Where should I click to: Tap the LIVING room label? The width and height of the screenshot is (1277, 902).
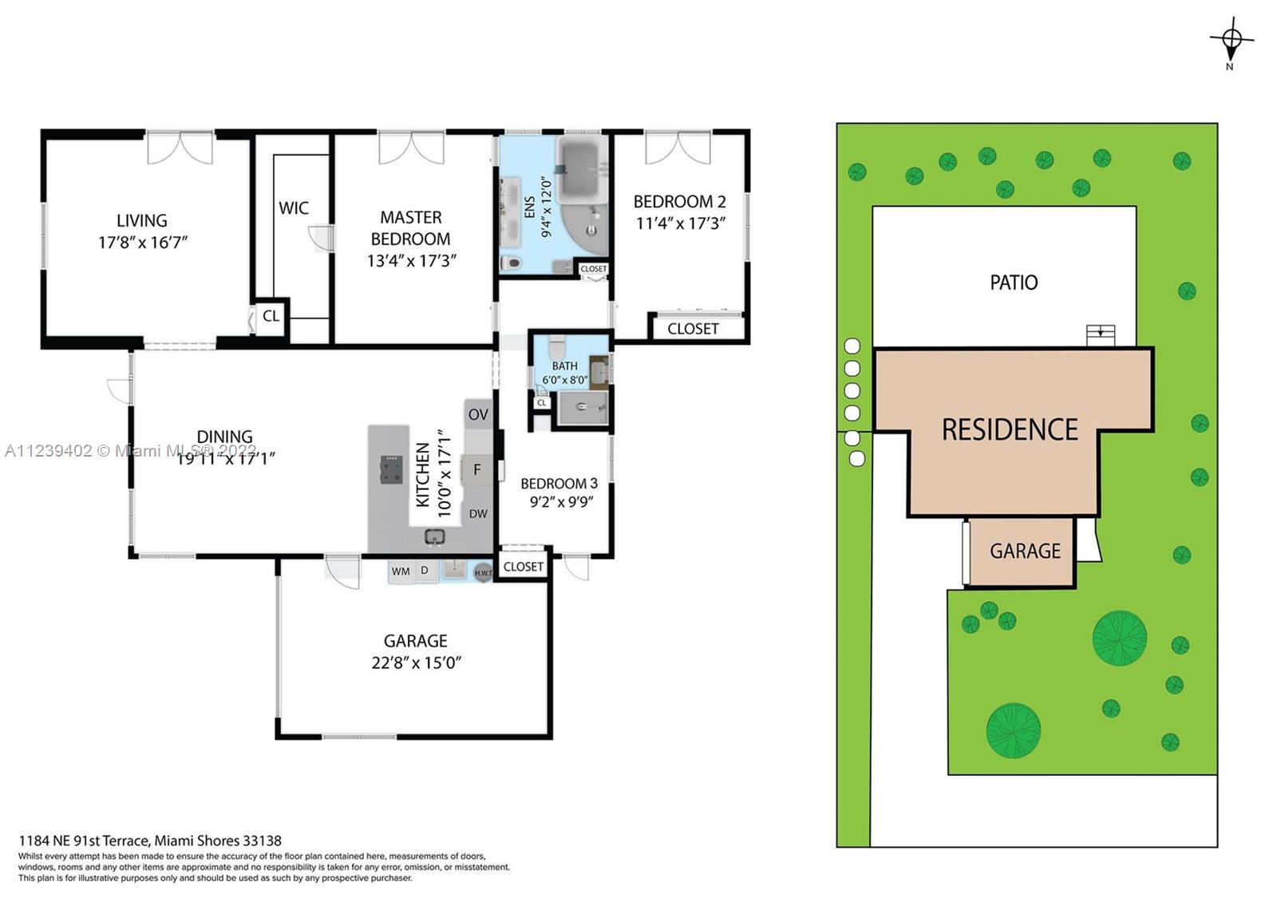142,220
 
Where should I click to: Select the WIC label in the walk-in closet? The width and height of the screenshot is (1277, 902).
294,208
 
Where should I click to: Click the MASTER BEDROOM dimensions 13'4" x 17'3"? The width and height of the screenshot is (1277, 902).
412,260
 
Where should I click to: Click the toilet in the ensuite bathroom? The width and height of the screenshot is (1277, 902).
512,263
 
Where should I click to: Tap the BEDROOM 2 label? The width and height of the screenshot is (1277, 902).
679,201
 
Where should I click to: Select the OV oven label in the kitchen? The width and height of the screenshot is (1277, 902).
478,414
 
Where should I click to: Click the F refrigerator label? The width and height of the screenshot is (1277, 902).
477,470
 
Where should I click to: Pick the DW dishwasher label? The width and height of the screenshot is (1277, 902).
478,514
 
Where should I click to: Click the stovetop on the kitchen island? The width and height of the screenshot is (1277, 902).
392,470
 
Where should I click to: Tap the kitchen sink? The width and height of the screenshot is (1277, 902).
435,536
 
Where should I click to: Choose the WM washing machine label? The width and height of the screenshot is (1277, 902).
401,572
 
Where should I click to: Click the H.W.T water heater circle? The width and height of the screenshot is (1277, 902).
484,572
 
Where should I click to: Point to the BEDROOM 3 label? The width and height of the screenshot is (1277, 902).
559,484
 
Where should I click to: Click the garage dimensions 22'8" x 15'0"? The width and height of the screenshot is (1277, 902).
416,663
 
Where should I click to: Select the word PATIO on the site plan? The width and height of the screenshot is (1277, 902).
1014,283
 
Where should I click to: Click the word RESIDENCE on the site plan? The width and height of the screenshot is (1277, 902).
1010,429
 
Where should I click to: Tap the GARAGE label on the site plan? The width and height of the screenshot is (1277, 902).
1025,551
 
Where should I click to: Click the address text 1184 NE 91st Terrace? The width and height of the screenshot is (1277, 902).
85,841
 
